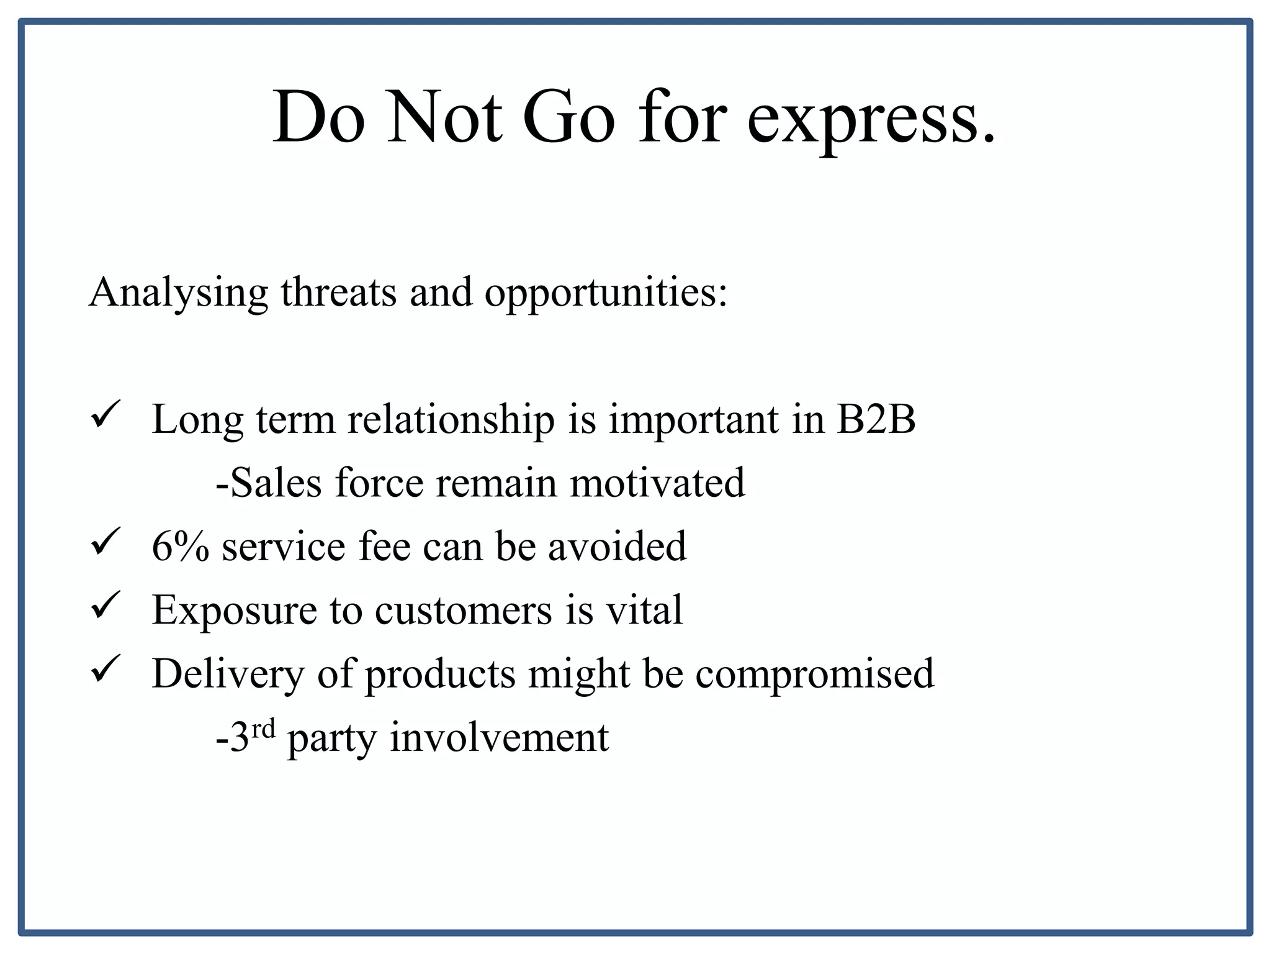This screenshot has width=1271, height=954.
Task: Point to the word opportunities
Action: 606,293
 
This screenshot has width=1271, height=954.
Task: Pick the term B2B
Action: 876,419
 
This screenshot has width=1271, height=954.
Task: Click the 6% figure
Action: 181,547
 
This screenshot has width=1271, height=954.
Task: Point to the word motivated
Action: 657,483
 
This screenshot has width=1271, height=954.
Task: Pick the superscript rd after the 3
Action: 263,728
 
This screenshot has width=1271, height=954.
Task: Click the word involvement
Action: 499,738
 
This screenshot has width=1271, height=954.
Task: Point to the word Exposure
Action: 235,611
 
